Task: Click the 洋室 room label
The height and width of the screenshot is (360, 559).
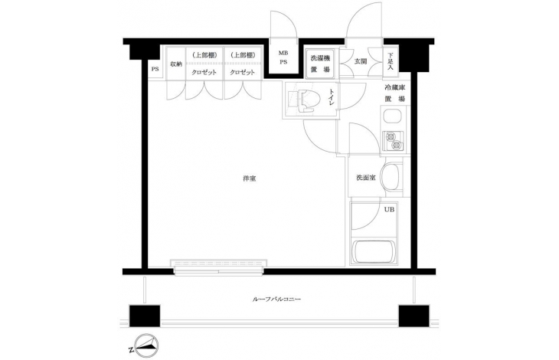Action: tap(249, 178)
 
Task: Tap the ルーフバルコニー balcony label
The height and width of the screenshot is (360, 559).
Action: tap(276, 299)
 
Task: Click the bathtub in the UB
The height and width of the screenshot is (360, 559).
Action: tap(373, 251)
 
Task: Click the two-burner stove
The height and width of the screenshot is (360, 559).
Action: tap(394, 140)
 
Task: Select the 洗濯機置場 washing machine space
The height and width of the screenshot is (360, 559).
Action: tap(320, 64)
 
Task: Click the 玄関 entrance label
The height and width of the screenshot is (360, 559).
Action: tap(360, 61)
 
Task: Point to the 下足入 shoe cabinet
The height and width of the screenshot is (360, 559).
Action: tap(390, 61)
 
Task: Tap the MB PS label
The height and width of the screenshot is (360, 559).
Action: tap(283, 57)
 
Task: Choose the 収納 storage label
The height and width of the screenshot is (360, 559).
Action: tap(176, 64)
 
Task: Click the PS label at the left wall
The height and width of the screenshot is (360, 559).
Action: tap(155, 69)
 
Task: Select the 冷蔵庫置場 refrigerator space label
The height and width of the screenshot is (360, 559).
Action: tap(394, 93)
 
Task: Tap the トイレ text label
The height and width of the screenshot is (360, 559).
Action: tap(332, 97)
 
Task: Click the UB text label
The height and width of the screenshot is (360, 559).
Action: tap(389, 210)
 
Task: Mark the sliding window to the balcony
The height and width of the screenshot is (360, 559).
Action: tap(218, 267)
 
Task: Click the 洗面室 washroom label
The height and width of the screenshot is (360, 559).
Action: tap(366, 178)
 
